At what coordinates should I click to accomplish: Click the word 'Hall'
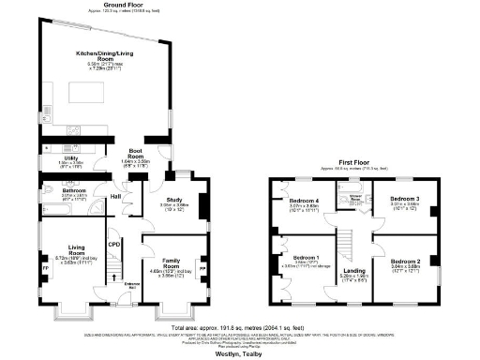click(116, 196)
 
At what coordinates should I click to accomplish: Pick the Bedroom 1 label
click(303, 257)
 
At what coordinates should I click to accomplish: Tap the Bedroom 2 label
click(404, 261)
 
